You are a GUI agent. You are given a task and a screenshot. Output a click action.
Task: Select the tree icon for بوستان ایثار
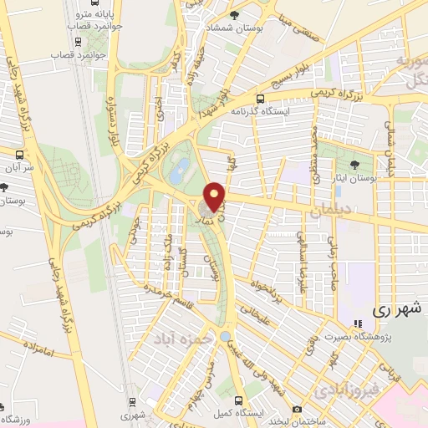(x=355, y=165)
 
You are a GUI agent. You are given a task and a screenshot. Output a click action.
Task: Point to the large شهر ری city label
(x=391, y=308)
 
